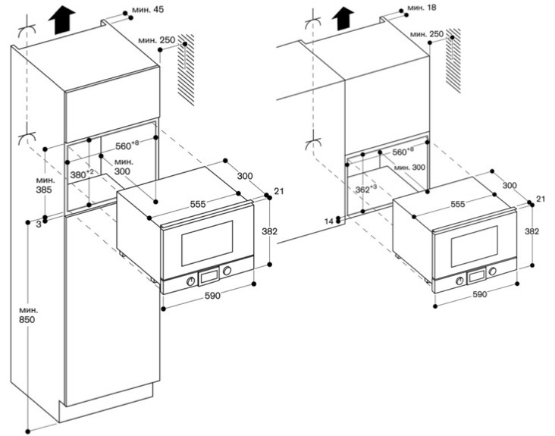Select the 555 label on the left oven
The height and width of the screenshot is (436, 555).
point(200,205)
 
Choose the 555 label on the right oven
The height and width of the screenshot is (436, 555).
point(457,205)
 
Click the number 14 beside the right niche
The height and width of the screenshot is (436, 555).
point(329,221)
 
